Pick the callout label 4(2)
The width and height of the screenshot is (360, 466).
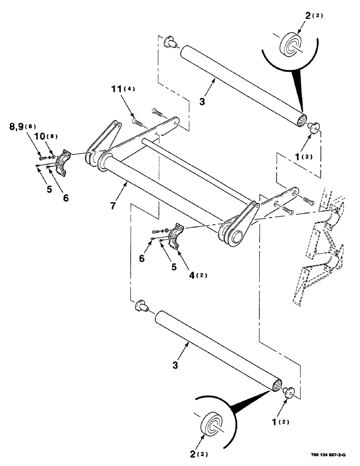coord(197,274)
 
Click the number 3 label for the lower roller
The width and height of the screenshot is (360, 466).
coord(175,366)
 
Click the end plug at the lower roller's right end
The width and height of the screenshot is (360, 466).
coord(289,392)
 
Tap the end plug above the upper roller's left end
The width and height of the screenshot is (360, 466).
coord(171,42)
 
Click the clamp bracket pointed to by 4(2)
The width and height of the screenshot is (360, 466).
coord(178,234)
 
